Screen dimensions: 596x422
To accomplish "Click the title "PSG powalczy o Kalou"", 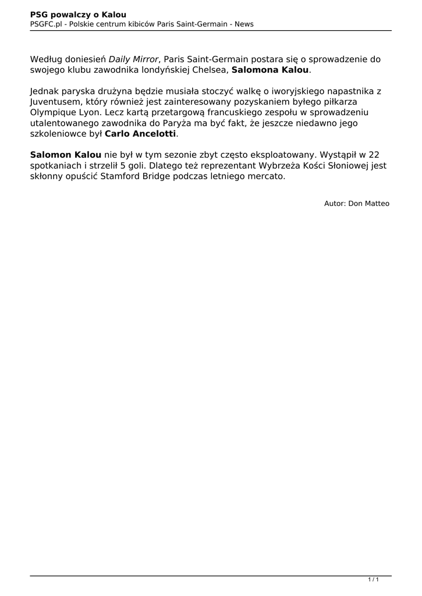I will click(x=78, y=14).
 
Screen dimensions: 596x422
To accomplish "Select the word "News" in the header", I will click(x=244, y=24).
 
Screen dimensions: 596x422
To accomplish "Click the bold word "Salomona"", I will click(x=256, y=70).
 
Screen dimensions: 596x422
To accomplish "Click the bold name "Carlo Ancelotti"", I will click(x=140, y=133).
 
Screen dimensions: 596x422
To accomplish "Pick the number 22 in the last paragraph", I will click(x=374, y=155).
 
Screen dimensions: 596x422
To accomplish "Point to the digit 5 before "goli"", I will click(x=123, y=165).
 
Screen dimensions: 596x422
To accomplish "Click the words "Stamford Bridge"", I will click(x=135, y=176).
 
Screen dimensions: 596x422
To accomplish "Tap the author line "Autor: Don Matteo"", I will click(x=357, y=203).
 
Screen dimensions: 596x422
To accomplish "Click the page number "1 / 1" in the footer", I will click(x=374, y=580).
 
